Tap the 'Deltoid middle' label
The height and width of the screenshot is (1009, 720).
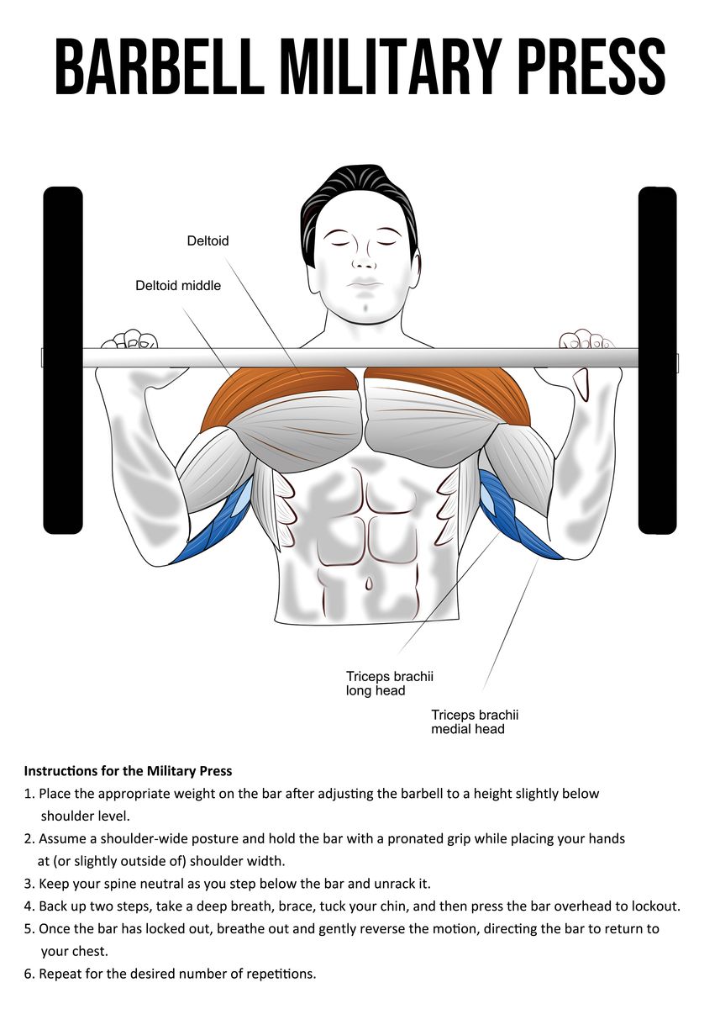[178, 286]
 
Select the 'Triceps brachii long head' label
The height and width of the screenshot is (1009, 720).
[389, 683]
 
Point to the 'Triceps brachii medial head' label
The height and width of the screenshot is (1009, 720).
[475, 721]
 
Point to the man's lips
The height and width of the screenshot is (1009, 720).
[364, 281]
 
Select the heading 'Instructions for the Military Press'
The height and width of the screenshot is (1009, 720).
[128, 770]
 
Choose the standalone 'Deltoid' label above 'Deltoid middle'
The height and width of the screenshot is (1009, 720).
[208, 241]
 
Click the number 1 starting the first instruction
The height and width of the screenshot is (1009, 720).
[29, 794]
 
